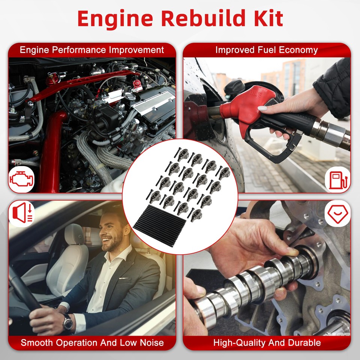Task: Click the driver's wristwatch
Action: (68, 321)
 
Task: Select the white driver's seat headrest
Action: (73, 234)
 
